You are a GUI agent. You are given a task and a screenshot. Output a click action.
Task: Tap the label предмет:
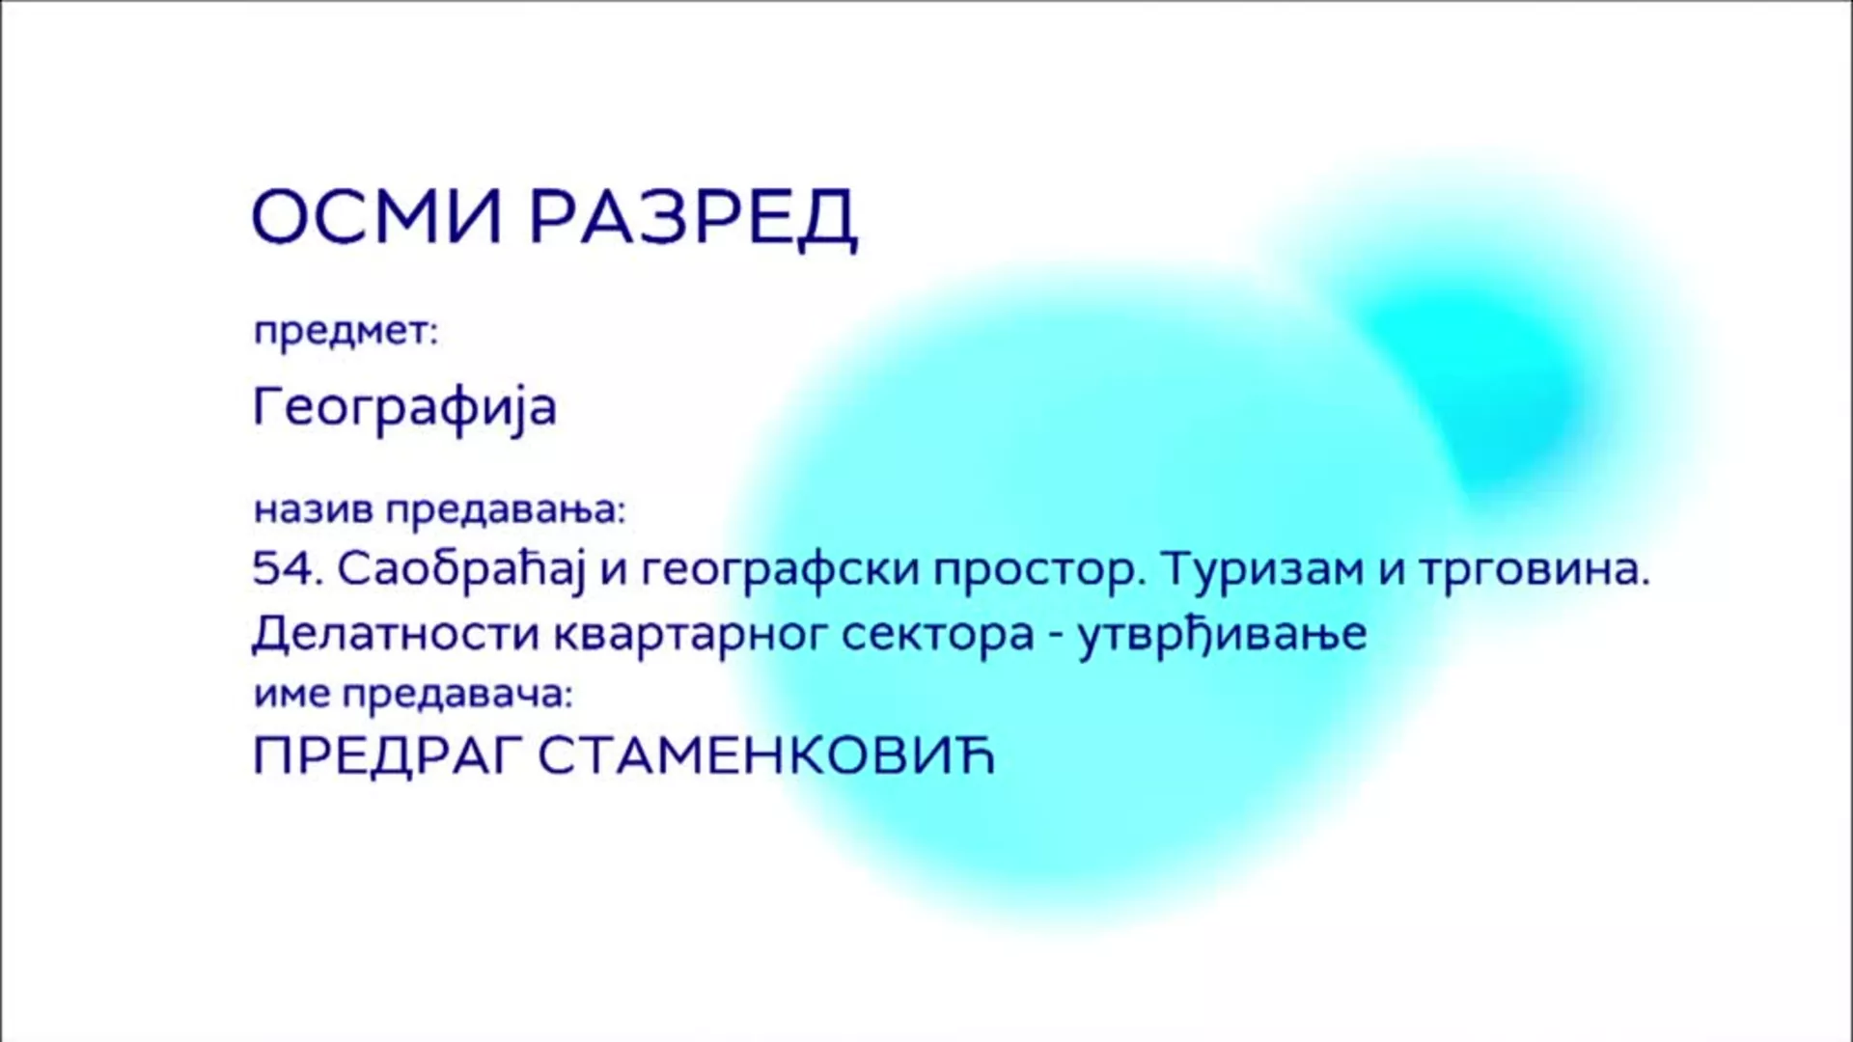point(346,333)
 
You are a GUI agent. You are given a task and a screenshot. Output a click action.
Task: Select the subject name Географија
point(404,407)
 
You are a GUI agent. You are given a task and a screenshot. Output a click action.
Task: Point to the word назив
point(314,509)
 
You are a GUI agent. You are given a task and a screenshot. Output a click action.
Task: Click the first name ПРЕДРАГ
point(386,758)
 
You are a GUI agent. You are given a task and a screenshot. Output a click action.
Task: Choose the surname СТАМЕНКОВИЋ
point(765,756)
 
